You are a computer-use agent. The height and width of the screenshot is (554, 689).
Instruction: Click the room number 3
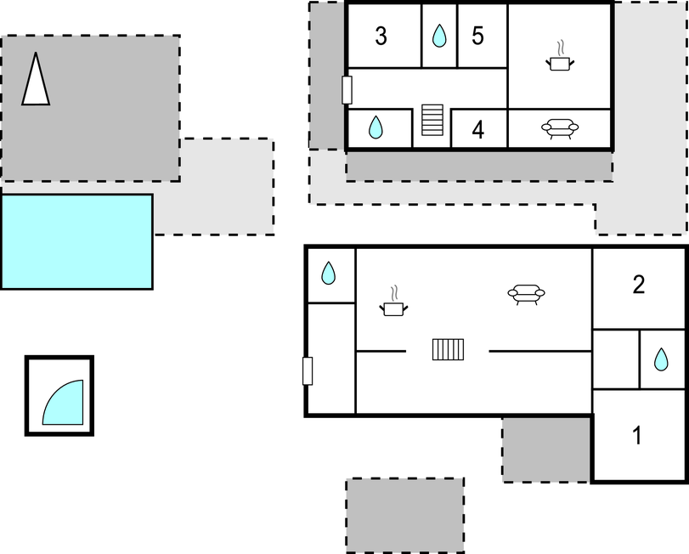click(381, 36)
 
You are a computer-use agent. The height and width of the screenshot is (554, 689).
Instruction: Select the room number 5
click(477, 36)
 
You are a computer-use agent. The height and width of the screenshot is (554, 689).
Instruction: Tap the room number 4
click(478, 130)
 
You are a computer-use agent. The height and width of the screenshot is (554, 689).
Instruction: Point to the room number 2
click(639, 285)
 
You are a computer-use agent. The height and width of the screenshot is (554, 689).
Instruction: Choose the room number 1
click(637, 435)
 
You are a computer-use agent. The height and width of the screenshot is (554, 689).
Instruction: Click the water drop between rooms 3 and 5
click(439, 36)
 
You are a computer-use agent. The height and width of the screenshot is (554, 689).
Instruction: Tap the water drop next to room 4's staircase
click(376, 127)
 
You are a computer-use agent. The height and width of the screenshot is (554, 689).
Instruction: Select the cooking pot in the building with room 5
click(560, 56)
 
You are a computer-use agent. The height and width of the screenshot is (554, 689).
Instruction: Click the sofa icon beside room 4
click(560, 128)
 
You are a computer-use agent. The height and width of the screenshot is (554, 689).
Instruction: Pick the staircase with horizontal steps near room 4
click(432, 120)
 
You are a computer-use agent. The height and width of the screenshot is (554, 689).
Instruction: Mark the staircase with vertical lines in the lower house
click(449, 350)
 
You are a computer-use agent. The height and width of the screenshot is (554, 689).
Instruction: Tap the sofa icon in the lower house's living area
click(527, 294)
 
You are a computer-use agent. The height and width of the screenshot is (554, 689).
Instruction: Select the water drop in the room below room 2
click(661, 359)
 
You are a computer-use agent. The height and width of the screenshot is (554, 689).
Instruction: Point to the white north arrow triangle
click(36, 79)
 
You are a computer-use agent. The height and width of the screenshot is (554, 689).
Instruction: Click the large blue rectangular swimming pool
click(77, 241)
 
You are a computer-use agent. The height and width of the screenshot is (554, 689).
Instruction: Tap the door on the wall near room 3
click(347, 90)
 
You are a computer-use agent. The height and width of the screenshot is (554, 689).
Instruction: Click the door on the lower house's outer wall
click(308, 371)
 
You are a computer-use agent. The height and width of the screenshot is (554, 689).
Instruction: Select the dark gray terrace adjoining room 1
click(546, 449)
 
